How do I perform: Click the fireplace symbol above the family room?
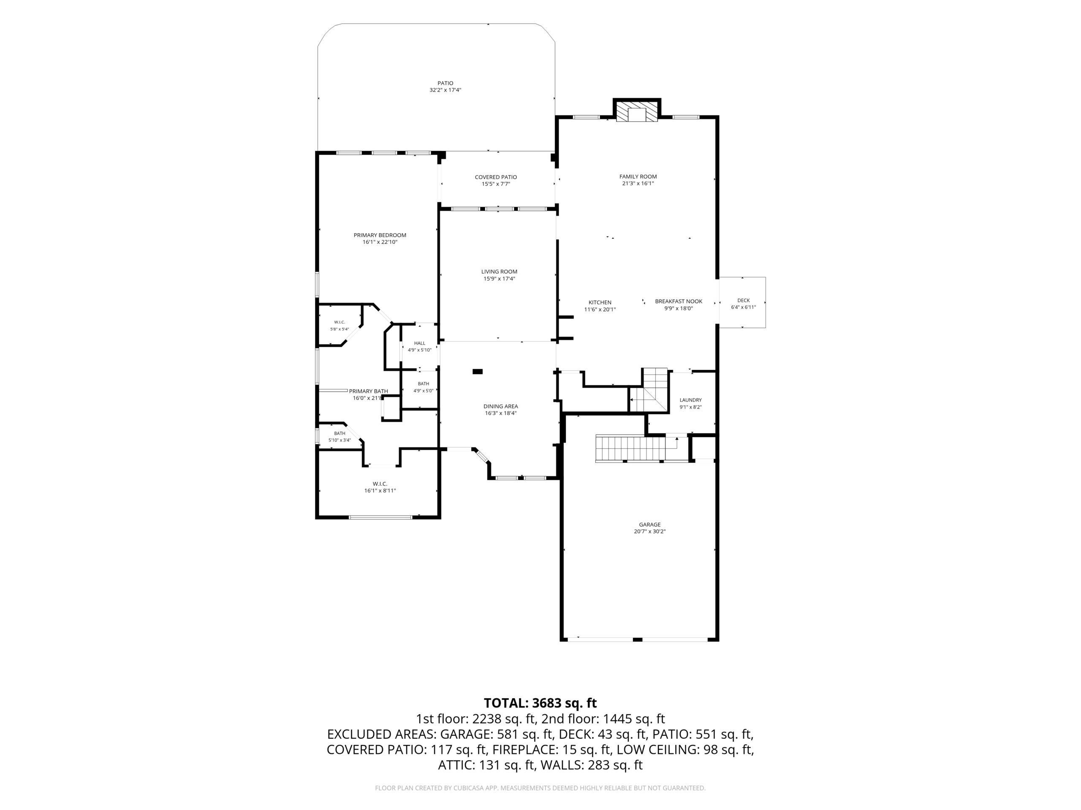637,112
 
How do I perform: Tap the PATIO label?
445,84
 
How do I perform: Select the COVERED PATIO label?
496,177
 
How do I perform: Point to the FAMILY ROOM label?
638,177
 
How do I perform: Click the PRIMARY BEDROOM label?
380,235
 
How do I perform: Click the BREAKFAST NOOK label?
678,302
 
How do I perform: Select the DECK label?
743,301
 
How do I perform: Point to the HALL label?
419,343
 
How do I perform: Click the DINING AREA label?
500,406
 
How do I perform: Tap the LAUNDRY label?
690,400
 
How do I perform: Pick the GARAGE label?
649,525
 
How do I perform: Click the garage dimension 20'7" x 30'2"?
649,532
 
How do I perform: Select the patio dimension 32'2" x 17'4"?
445,90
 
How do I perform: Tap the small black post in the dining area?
478,372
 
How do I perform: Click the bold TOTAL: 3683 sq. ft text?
540,703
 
